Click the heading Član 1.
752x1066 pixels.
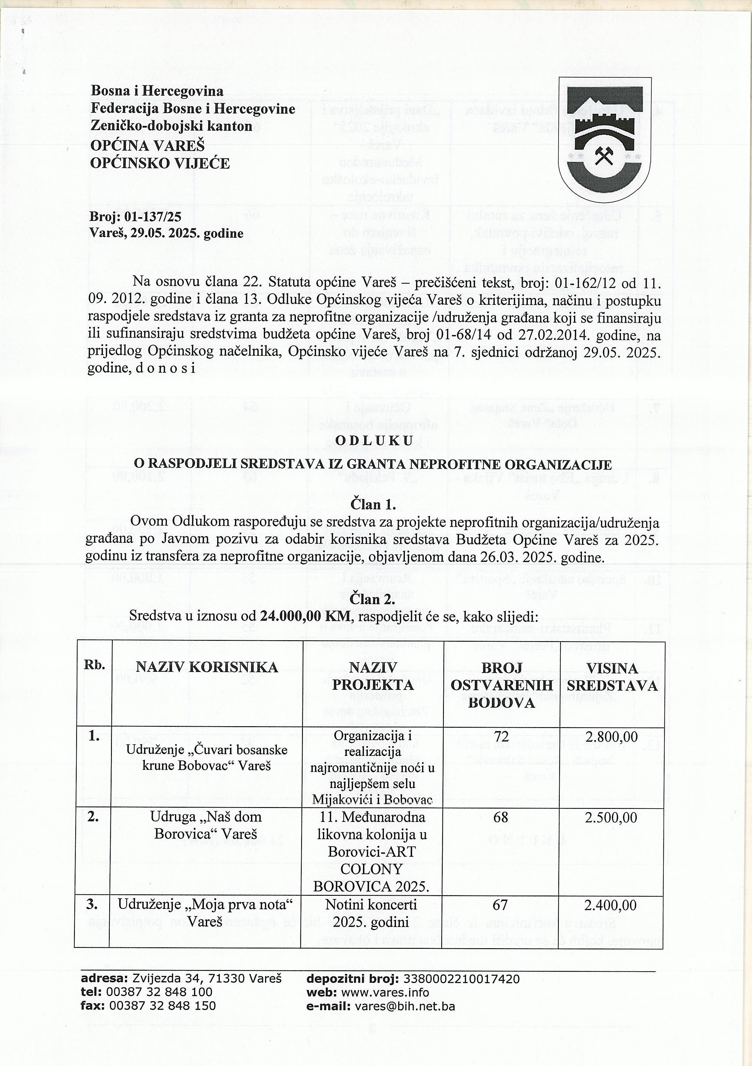coord(373,504)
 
